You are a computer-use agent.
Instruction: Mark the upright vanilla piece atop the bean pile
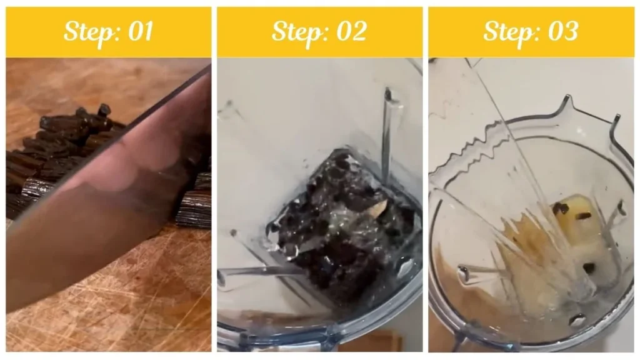[x=104, y=109]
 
